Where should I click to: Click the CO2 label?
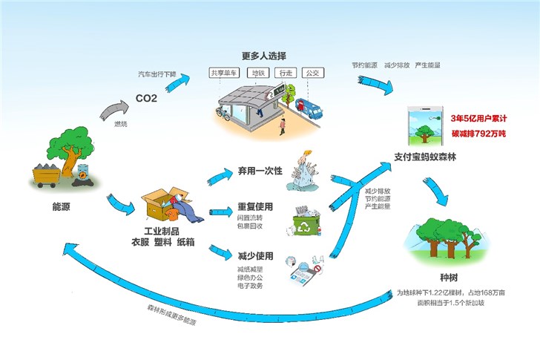click(x=146, y=98)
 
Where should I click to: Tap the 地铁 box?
click(x=258, y=74)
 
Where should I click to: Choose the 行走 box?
click(x=284, y=74)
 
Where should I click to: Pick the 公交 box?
click(x=312, y=74)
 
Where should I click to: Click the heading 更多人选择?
click(x=263, y=56)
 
